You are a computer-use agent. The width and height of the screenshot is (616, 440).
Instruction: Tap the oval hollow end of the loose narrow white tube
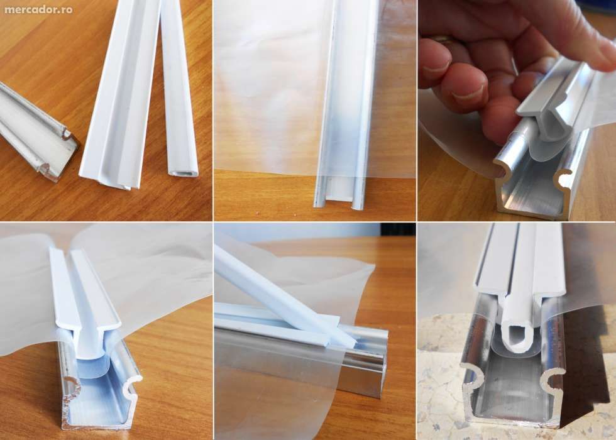tap(183, 169)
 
